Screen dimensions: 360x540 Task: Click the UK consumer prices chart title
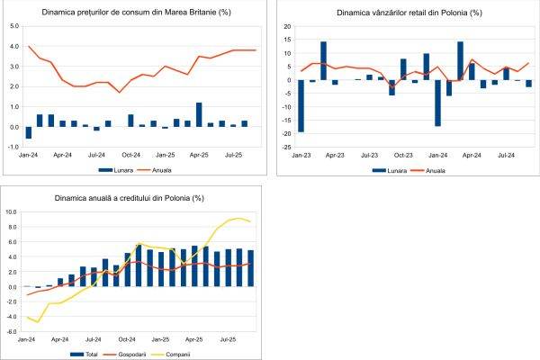(x=133, y=13)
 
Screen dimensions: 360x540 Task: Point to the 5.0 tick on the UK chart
(x=13, y=26)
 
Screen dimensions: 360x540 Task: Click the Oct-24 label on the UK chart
(x=131, y=155)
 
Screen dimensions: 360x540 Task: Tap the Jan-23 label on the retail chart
(x=301, y=155)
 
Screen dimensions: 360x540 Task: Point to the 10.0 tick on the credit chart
(x=13, y=212)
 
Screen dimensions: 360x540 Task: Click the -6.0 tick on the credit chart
(x=13, y=331)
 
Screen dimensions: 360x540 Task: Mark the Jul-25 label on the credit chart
(x=229, y=340)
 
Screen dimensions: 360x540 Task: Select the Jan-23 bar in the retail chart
(x=300, y=106)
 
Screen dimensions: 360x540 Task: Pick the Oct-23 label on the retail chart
(x=403, y=155)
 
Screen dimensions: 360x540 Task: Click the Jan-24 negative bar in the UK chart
(x=29, y=132)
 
